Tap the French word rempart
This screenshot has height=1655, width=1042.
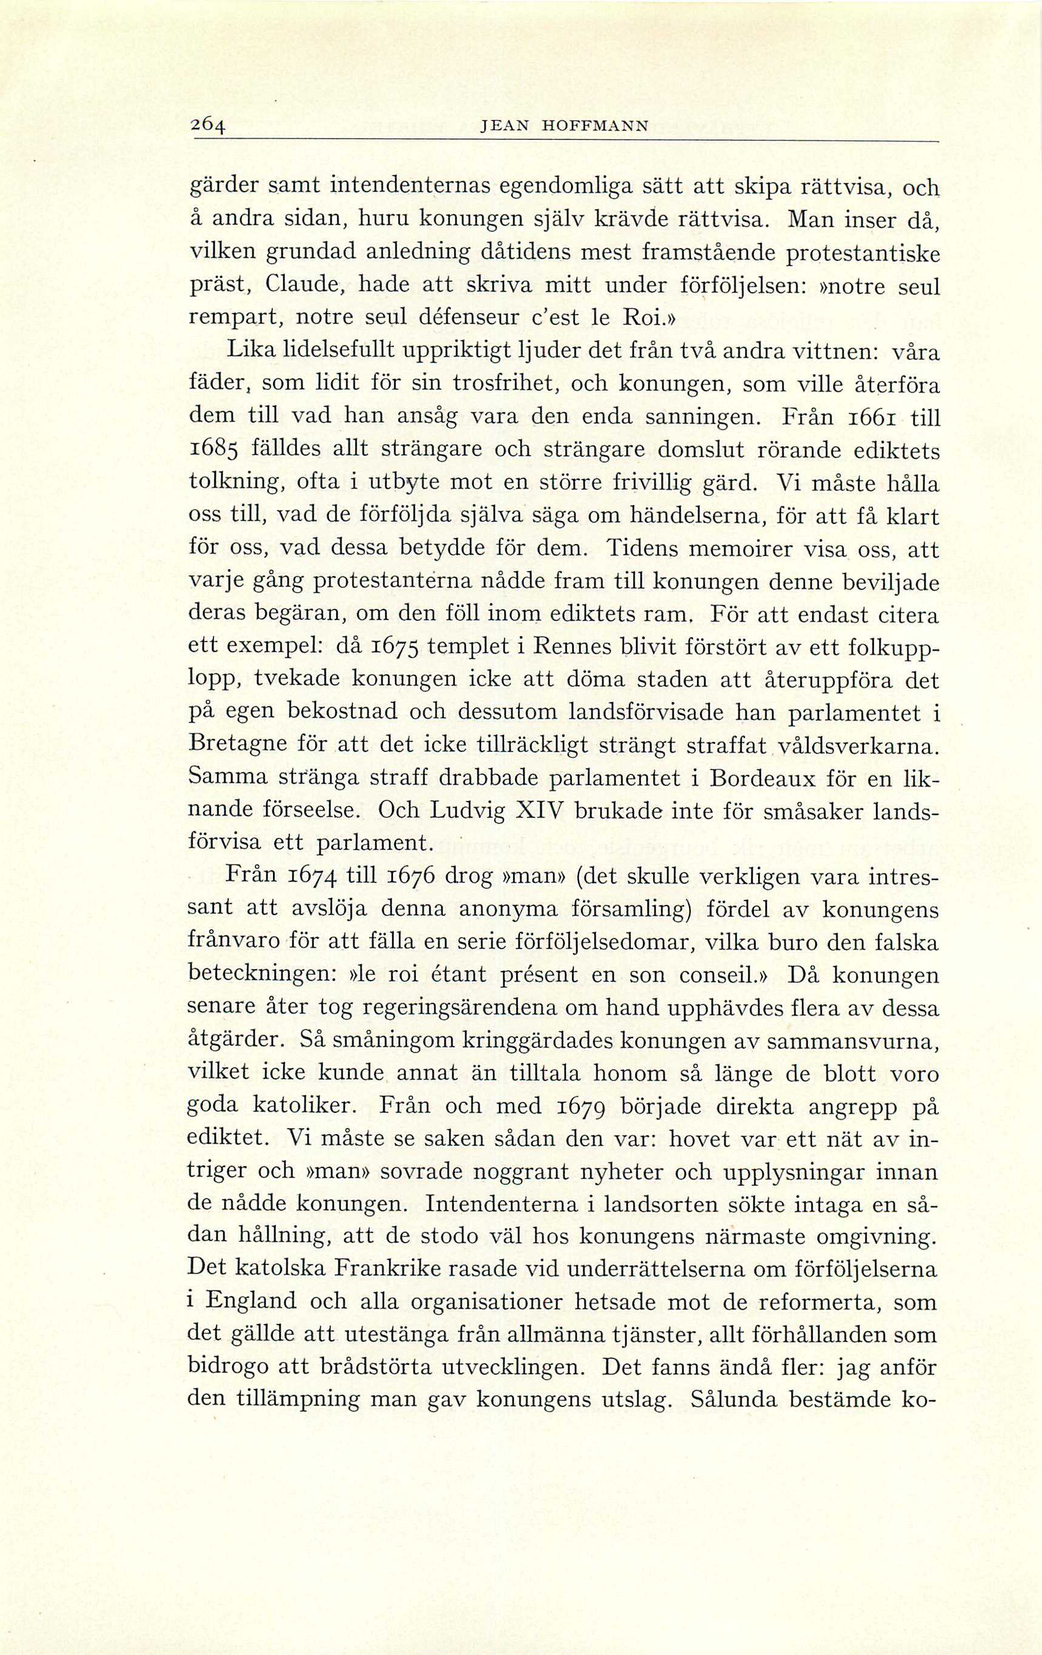click(x=233, y=319)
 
